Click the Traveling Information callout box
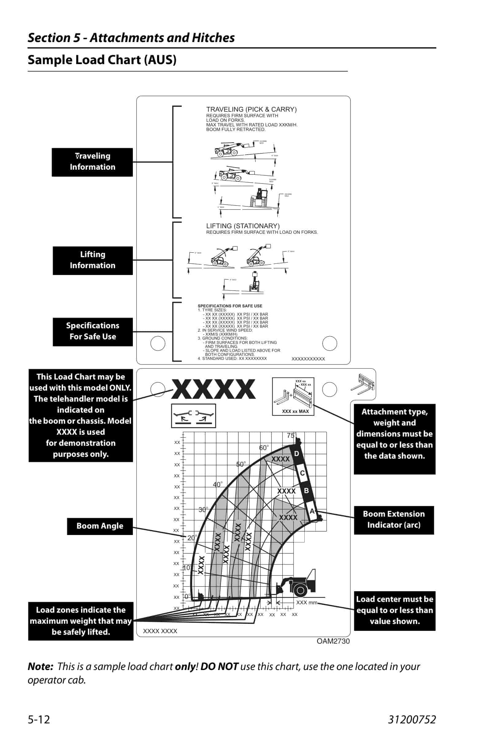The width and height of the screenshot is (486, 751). pyautogui.click(x=92, y=162)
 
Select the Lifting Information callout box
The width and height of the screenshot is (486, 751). pyautogui.click(x=92, y=260)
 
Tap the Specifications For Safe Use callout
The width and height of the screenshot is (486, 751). pyautogui.click(x=92, y=332)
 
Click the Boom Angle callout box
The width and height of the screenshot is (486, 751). pyautogui.click(x=100, y=526)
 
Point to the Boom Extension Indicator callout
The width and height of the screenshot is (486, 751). pyautogui.click(x=394, y=520)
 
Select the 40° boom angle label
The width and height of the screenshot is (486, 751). pyautogui.click(x=218, y=484)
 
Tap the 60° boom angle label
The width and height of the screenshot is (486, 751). pyautogui.click(x=264, y=448)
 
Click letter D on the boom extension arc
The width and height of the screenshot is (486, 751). pyautogui.click(x=296, y=453)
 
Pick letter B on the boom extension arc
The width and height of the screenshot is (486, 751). pyautogui.click(x=306, y=491)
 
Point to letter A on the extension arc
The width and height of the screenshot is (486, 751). pyautogui.click(x=312, y=511)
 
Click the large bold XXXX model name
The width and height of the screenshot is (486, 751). pyautogui.click(x=213, y=389)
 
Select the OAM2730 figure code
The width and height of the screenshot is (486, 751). pyautogui.click(x=333, y=641)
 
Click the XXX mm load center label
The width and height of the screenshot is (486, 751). pyautogui.click(x=306, y=603)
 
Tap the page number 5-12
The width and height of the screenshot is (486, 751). pyautogui.click(x=39, y=719)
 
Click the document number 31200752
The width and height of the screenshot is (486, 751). pyautogui.click(x=412, y=719)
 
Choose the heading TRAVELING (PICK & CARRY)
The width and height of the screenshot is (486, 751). pyautogui.click(x=251, y=110)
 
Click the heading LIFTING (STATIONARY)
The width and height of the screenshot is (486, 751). pyautogui.click(x=243, y=226)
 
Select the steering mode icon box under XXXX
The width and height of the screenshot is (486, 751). pyautogui.click(x=194, y=416)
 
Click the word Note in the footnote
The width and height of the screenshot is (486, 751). pyautogui.click(x=40, y=666)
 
